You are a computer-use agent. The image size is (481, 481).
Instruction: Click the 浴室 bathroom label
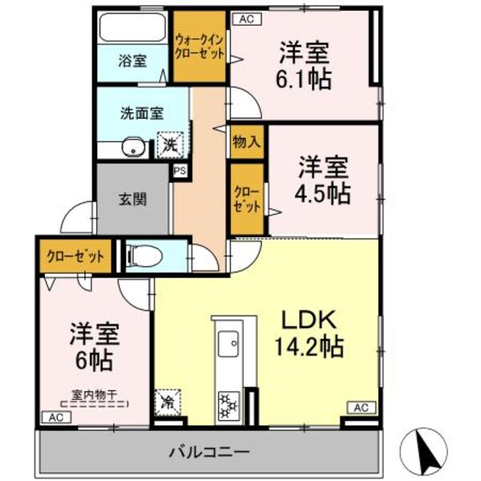coord(132,61)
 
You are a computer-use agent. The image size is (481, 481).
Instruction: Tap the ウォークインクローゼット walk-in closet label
coord(200,44)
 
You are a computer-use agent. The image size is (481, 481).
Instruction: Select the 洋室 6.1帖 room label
coord(305,66)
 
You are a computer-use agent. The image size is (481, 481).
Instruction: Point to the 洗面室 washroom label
coord(137,114)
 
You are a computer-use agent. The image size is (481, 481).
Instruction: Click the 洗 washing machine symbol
coord(170,144)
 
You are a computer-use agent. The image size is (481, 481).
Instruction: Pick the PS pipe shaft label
coord(180,170)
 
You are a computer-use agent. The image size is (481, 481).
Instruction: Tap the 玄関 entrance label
coord(134,199)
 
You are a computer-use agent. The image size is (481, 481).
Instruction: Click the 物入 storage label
coord(246,143)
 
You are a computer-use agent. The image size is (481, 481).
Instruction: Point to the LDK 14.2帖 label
coord(311,333)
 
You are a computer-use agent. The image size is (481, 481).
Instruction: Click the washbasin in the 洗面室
coord(133,148)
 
